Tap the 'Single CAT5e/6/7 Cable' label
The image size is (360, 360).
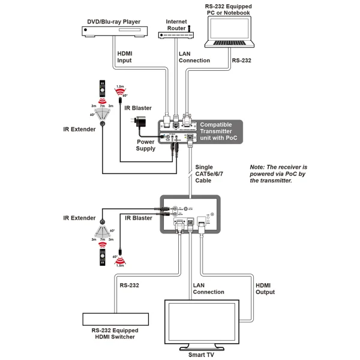tap(208, 173)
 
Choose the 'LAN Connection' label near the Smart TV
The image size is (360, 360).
tap(209, 288)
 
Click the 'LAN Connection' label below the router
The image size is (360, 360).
tap(194, 56)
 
